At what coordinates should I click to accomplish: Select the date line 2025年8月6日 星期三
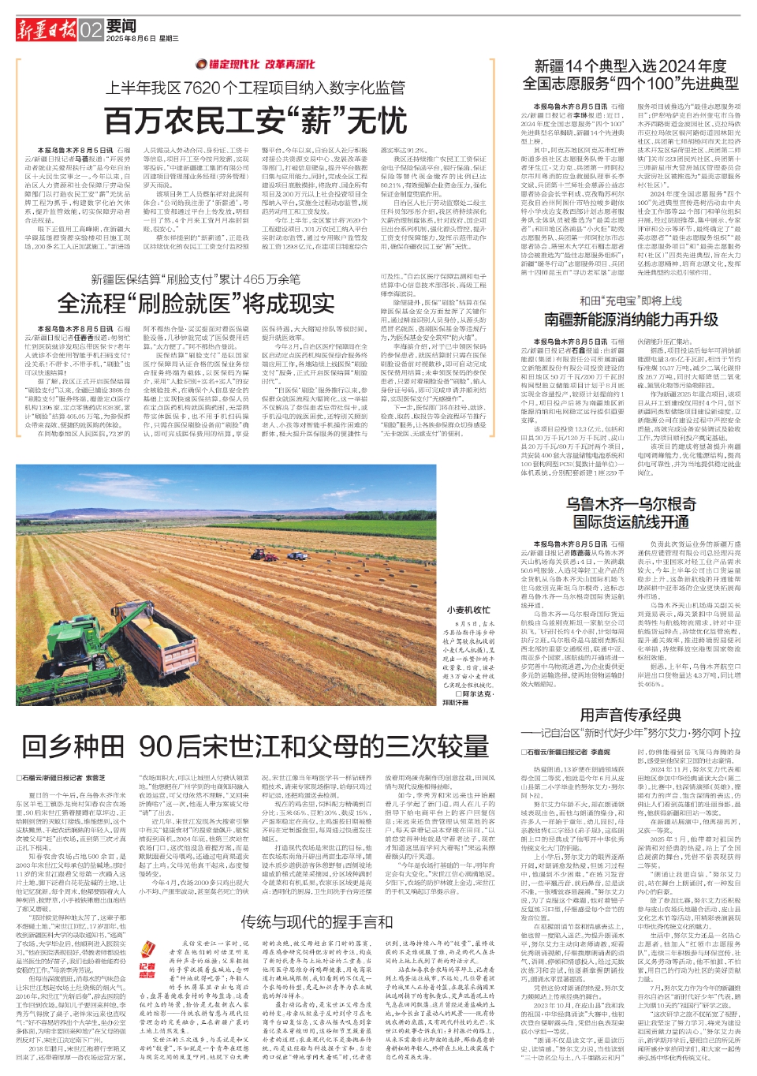point(142,39)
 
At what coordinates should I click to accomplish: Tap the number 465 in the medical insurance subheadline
point(257,278)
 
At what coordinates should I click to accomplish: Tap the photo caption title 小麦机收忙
point(468,610)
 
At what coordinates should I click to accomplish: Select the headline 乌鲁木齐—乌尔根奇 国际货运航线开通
point(631,514)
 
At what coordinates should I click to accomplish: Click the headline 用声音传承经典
point(630,715)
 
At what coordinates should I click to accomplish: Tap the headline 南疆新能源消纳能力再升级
point(631,319)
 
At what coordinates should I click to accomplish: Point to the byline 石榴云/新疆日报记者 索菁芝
point(62,778)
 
